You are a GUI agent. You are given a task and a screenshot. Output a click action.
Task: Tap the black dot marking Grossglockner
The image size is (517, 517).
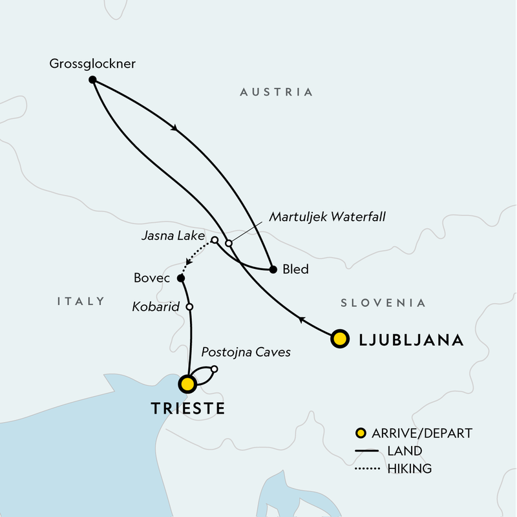point(92,79)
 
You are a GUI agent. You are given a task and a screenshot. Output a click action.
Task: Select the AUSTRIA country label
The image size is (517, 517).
point(276,92)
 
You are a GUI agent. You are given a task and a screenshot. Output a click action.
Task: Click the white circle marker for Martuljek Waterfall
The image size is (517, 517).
point(229,243)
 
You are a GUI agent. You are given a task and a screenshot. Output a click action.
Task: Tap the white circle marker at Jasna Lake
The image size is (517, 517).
point(215,240)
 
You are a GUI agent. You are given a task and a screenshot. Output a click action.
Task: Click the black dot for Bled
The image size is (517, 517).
point(273,269)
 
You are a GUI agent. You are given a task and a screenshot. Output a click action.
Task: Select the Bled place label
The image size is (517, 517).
point(295,269)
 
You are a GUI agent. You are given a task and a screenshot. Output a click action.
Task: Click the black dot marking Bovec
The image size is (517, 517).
point(181,279)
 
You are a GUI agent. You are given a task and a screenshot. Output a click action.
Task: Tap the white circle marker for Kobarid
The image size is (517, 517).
point(189,307)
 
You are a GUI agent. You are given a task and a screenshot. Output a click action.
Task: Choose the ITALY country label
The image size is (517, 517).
point(81,301)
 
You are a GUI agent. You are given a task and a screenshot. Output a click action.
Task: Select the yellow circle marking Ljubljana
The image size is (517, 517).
point(339,339)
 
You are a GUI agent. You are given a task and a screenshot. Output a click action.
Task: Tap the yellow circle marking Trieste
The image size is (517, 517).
point(187,385)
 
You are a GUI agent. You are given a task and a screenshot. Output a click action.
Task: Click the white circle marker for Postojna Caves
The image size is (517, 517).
point(215,369)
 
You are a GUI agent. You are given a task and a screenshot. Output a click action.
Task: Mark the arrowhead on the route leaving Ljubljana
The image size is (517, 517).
point(301,318)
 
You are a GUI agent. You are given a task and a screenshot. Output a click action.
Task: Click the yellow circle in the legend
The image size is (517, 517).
point(363,433)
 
